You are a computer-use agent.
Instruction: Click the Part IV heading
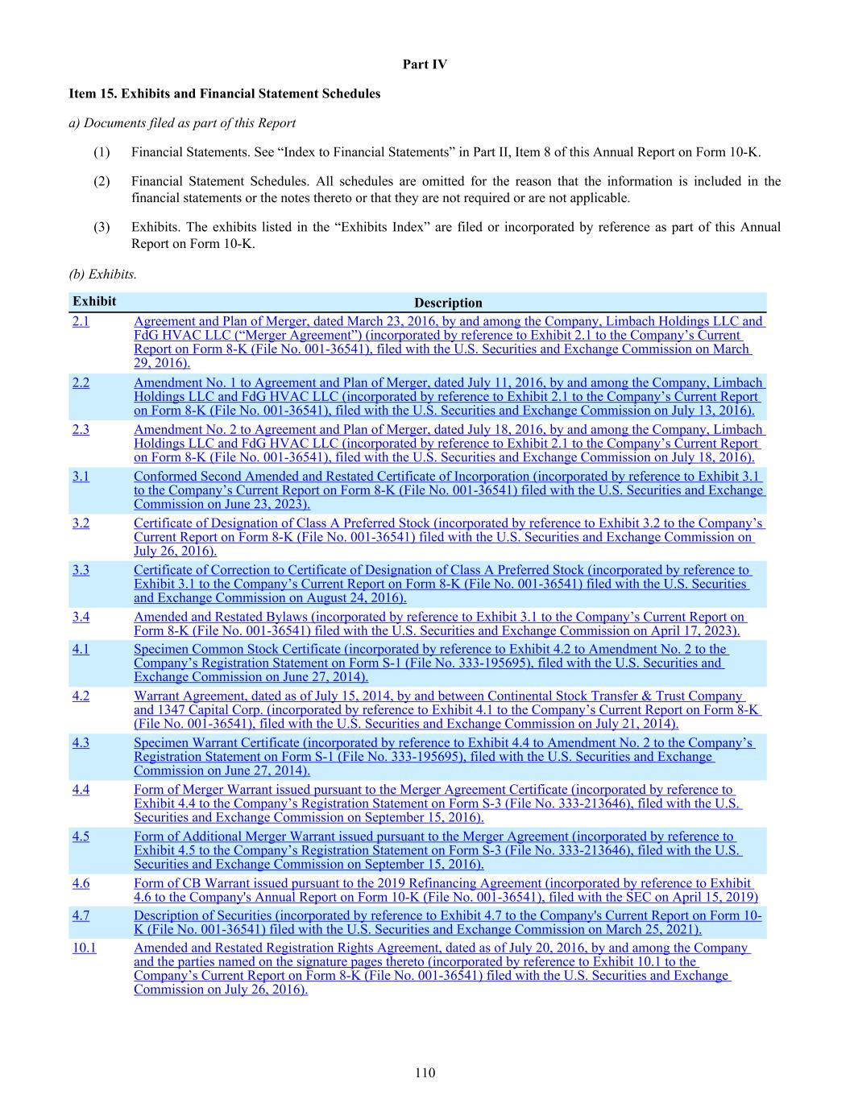(x=425, y=64)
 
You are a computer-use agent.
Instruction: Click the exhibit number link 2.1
(x=81, y=321)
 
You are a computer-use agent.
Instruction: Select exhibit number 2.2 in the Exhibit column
(x=81, y=382)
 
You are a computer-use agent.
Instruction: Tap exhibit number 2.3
(x=81, y=429)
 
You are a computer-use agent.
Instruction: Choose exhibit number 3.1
(x=81, y=476)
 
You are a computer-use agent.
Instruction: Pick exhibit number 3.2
(x=81, y=523)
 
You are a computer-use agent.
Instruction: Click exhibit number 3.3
(x=81, y=569)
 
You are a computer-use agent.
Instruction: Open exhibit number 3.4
(x=81, y=617)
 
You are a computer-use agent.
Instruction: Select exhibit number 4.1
(x=81, y=648)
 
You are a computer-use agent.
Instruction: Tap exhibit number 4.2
(x=81, y=696)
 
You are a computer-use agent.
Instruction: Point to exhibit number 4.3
(x=81, y=742)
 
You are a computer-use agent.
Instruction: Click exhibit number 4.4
(x=81, y=789)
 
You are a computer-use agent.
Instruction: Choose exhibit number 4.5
(x=81, y=836)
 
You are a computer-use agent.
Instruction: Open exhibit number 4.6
(x=81, y=882)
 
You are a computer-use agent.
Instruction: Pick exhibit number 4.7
(x=81, y=915)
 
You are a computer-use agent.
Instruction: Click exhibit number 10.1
(x=84, y=948)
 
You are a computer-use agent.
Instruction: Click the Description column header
(x=448, y=303)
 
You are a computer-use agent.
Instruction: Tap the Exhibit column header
(x=94, y=301)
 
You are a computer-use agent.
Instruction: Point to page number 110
(x=425, y=1072)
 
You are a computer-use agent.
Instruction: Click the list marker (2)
(x=102, y=181)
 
